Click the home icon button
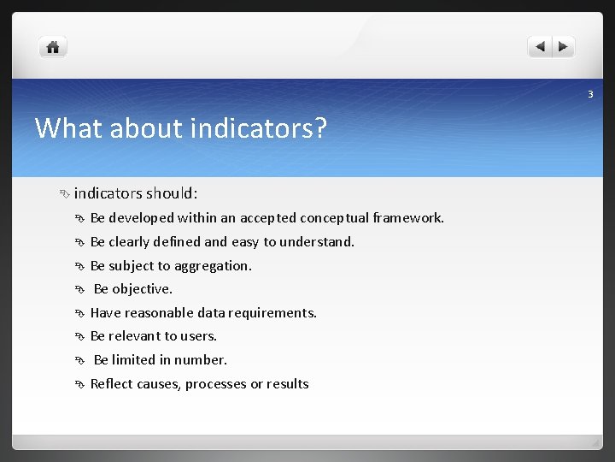click(53, 48)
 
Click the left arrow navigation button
click(540, 48)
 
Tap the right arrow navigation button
click(564, 48)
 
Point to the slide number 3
click(589, 94)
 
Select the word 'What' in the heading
click(65, 128)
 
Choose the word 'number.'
click(201, 360)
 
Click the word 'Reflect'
click(111, 384)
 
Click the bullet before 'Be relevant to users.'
click(79, 336)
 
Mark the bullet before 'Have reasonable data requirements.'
click(79, 313)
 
